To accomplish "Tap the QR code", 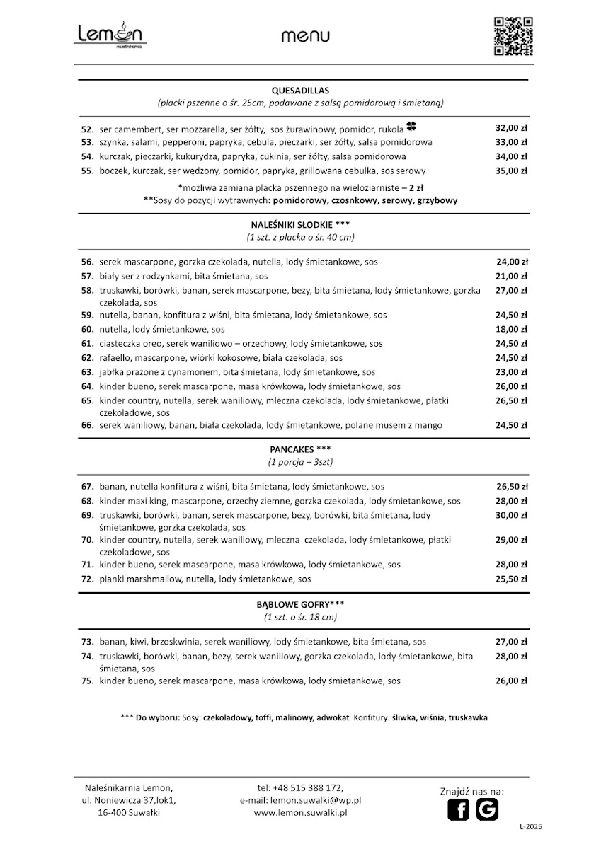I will coord(513,35).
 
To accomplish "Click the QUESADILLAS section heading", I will coord(301,91).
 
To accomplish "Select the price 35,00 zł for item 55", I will coord(511,171).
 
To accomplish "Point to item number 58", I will coord(88,290).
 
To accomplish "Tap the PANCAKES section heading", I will coord(300,449).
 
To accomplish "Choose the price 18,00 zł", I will coord(511,329).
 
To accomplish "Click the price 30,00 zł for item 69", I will coord(511,515).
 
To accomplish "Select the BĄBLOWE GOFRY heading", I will coord(300,605).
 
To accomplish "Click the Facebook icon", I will coord(458,809).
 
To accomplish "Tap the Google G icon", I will coord(487,809).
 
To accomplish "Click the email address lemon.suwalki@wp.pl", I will coord(316,799).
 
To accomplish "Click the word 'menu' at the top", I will coord(305,36).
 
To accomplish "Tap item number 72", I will coord(88,579).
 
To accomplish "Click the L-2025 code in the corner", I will coord(531,826).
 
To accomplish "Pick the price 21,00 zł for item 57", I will coord(511,276).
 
